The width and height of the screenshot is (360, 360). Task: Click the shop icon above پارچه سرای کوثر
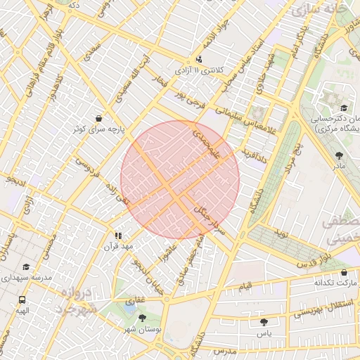pos(98,118)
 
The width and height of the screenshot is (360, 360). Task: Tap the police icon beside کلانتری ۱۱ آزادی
pos(200,60)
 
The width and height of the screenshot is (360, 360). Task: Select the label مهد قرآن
pos(118,247)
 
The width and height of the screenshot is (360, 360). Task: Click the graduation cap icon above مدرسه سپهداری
pos(27,267)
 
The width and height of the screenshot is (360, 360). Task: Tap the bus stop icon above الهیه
pos(22,300)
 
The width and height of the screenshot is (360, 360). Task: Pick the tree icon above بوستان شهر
pos(143,319)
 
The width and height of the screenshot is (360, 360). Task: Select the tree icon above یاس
pos(264,321)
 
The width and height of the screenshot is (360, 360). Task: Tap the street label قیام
pos(245,288)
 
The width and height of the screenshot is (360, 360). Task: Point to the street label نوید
pos(281,233)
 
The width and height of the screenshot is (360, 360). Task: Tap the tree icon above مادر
pos(340,154)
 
